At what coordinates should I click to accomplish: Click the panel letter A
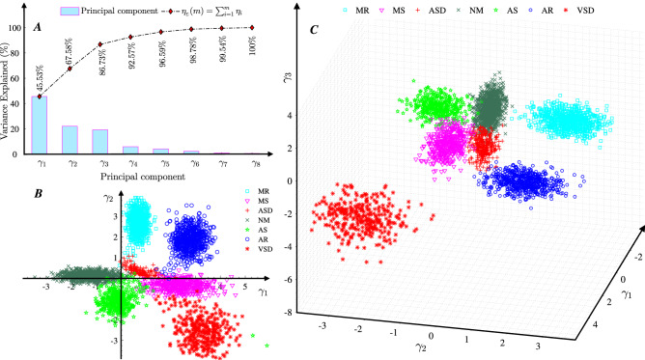pyautogui.click(x=38, y=27)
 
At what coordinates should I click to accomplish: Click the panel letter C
pyautogui.click(x=314, y=31)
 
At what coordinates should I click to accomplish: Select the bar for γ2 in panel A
pyautogui.click(x=70, y=140)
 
